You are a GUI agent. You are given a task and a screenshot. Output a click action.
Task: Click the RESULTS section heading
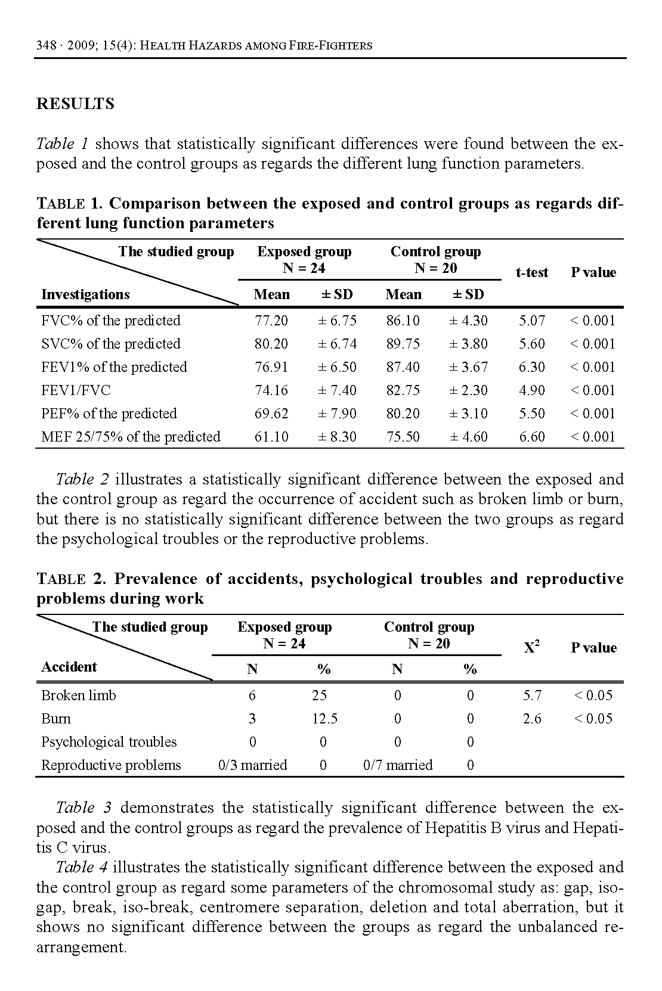(75, 104)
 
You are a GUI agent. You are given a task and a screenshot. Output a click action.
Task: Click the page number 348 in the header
(46, 45)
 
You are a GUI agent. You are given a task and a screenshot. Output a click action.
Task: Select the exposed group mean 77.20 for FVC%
(271, 321)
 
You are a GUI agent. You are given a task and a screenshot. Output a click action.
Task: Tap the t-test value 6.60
(531, 437)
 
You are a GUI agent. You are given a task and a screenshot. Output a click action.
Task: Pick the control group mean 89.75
(403, 344)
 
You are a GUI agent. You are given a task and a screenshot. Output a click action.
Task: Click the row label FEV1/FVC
(76, 390)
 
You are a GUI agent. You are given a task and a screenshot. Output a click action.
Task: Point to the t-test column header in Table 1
(531, 272)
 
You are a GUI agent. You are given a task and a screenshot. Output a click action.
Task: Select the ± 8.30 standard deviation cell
(337, 437)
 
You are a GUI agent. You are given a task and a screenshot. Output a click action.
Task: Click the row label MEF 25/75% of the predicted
(131, 437)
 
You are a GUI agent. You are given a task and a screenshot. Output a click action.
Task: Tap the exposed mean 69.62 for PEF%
(271, 414)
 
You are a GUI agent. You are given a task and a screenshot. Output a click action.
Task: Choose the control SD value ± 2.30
(468, 390)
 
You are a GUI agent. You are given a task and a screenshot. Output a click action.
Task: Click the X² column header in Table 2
(531, 648)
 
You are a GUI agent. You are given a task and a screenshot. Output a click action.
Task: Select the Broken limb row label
(79, 695)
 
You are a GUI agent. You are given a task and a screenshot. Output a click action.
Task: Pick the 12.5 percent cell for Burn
(324, 719)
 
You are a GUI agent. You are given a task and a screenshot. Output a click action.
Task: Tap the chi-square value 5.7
(531, 695)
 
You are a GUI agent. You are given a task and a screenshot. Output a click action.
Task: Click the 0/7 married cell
(398, 765)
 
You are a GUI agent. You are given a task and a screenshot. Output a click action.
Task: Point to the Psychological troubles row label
(109, 742)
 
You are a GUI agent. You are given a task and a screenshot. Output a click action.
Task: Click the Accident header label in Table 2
(69, 667)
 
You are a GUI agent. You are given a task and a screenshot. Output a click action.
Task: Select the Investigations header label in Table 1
(85, 294)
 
